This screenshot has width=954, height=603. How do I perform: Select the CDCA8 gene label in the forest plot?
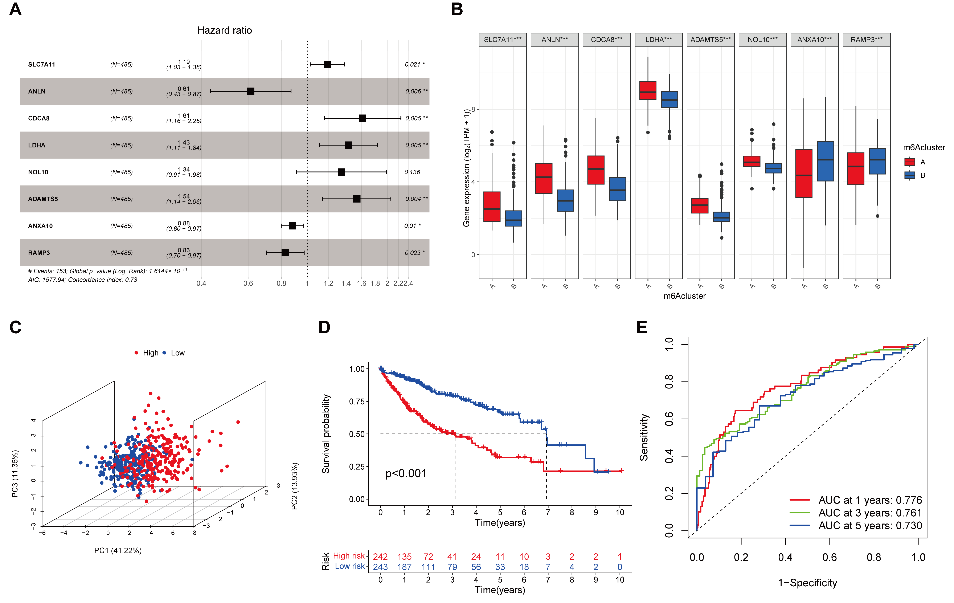pos(39,118)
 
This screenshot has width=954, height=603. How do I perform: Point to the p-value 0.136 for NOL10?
pos(412,172)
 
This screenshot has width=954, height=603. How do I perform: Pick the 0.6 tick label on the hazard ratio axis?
pos(248,283)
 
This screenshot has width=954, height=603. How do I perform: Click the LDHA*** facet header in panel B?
pos(658,40)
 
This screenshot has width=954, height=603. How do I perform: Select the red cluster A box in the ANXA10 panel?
pos(804,174)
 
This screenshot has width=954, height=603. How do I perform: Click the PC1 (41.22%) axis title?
pos(118,550)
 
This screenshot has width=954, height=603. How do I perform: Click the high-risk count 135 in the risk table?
pos(405,557)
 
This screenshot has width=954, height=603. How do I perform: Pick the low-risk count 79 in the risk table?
pos(452,567)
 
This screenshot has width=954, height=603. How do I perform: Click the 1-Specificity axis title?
pos(807,583)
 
